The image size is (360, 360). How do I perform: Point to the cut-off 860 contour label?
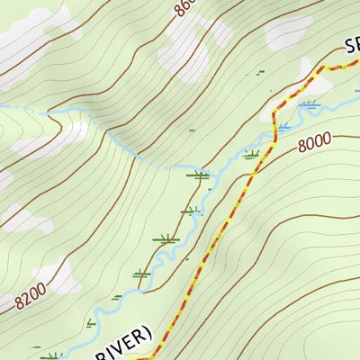point(183,12)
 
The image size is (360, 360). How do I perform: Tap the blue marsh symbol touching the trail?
point(283,124)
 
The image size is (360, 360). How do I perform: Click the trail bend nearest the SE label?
point(322,69)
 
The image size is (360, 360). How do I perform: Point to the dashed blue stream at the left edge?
point(4,106)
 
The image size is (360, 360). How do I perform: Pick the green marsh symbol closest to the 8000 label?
point(252,155)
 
